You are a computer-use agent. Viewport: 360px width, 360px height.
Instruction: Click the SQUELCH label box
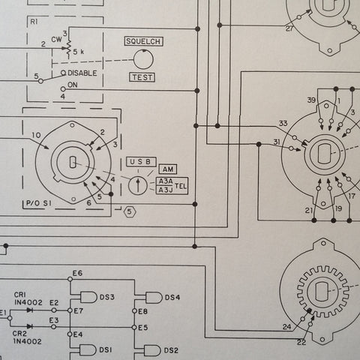pos(144,41)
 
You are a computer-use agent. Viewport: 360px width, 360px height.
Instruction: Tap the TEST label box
pos(142,77)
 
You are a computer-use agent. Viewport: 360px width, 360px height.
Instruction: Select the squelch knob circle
pos(143,59)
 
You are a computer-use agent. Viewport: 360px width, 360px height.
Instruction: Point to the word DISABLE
pos(82,73)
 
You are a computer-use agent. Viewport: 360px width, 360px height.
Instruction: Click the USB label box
pos(141,162)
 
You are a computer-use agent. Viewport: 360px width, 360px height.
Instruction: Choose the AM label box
pos(168,169)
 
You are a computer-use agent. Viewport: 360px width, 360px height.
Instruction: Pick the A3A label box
pos(166,181)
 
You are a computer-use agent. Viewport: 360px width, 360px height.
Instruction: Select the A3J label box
pos(166,190)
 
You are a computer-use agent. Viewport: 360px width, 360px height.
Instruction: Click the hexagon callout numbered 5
pos(130,212)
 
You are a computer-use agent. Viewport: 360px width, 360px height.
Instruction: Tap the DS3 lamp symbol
pos(88,297)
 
